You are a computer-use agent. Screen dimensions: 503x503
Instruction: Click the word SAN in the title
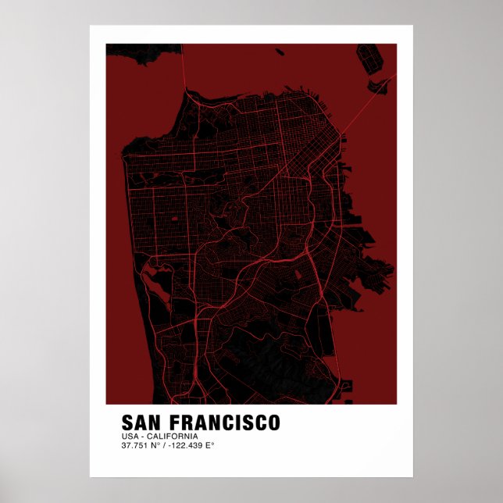[141, 423]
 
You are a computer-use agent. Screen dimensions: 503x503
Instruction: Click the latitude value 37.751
[135, 446]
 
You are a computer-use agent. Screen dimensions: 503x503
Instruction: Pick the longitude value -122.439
[185, 446]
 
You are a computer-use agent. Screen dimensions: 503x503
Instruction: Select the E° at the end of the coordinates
[209, 446]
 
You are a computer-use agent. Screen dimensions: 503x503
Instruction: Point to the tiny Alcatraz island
[280, 52]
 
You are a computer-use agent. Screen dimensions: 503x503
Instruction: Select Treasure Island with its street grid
[368, 56]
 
